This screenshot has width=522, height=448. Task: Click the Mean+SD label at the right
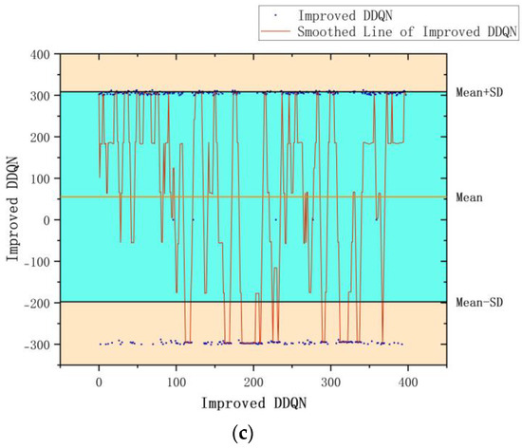[481, 93]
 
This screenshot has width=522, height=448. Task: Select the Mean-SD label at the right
[481, 303]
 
